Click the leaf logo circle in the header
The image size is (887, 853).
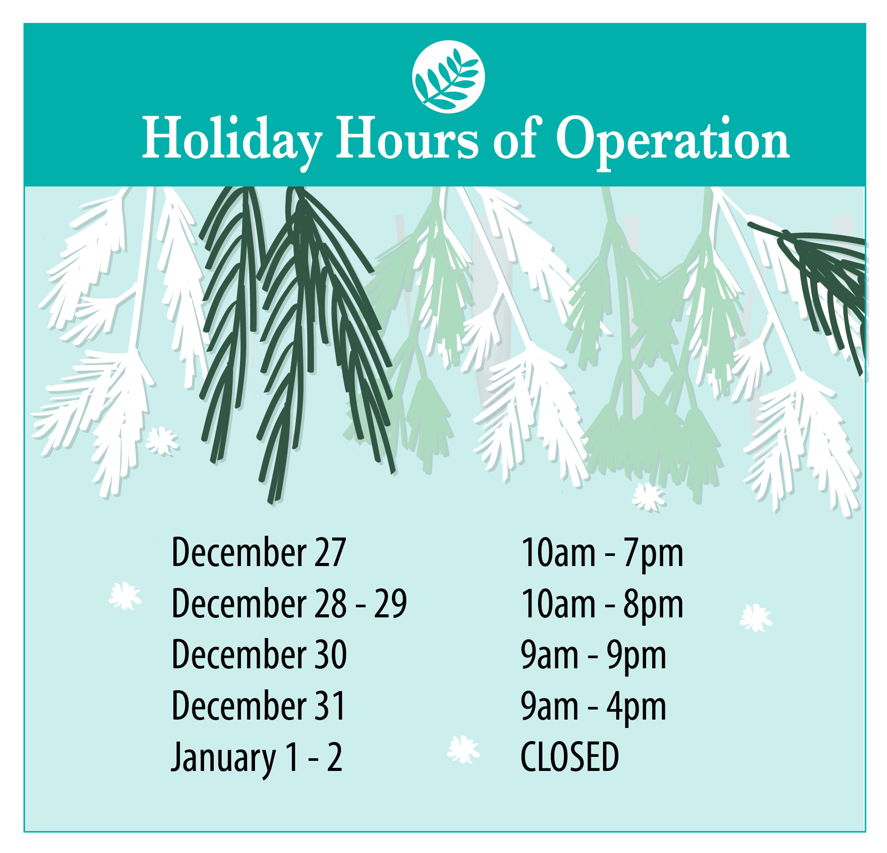(x=449, y=76)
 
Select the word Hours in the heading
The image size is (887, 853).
(x=407, y=138)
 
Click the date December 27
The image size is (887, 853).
(x=259, y=552)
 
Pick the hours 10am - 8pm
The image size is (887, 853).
(x=602, y=606)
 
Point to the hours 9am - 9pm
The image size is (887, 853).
(x=593, y=656)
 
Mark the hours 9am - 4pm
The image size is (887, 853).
(x=593, y=708)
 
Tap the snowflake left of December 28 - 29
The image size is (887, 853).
(x=125, y=596)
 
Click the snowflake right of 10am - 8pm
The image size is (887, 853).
(x=756, y=618)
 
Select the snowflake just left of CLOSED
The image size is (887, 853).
(x=463, y=749)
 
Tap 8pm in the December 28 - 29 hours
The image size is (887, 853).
(x=653, y=606)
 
